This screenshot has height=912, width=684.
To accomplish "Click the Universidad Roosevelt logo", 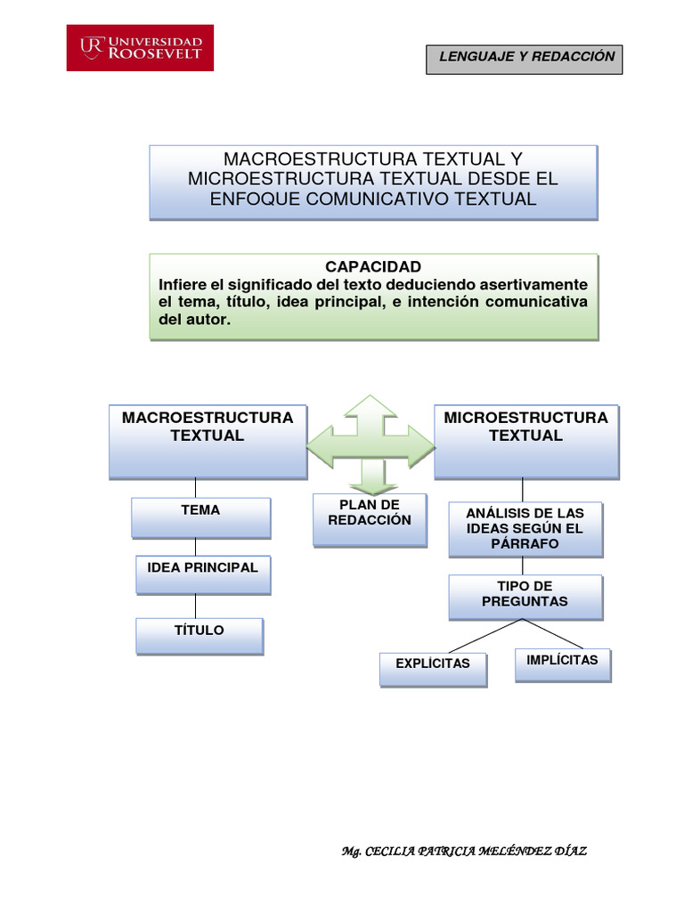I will (x=141, y=47).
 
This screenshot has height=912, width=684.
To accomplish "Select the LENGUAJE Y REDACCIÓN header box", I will (x=524, y=57).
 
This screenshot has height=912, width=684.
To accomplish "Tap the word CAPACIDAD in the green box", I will (x=373, y=267).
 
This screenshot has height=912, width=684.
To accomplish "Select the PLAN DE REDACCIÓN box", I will (x=370, y=519).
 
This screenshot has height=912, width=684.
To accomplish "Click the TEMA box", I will (x=200, y=517).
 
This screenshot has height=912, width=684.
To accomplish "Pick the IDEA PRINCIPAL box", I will (x=202, y=574).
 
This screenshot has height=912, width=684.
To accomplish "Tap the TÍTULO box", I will (x=199, y=636).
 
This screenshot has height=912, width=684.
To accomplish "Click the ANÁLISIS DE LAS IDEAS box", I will (x=525, y=529).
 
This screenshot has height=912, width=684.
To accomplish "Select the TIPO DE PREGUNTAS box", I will (x=525, y=596).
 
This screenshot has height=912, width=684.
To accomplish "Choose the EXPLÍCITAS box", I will (x=433, y=669).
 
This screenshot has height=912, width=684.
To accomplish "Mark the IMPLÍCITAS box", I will (x=563, y=664).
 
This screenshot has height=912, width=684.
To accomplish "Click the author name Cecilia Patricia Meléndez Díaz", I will (x=464, y=851).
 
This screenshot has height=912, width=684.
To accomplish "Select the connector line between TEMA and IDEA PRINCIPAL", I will (x=195, y=547).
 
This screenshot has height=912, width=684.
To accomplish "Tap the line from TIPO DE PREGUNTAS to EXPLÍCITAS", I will (x=485, y=636).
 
